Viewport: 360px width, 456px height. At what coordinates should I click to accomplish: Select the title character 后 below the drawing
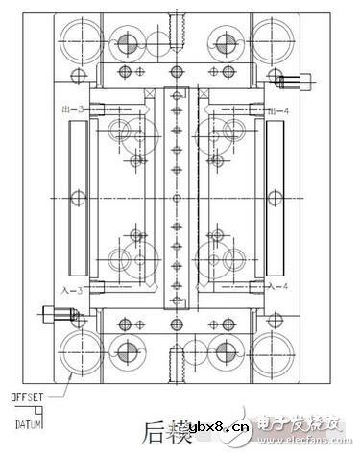click(x=156, y=430)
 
